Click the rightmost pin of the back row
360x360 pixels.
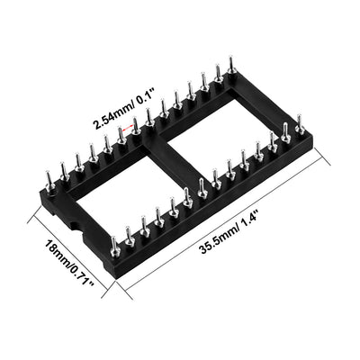[x=231, y=65]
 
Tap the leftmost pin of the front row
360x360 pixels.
[x=114, y=244]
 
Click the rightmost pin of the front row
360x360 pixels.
[x=300, y=121]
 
